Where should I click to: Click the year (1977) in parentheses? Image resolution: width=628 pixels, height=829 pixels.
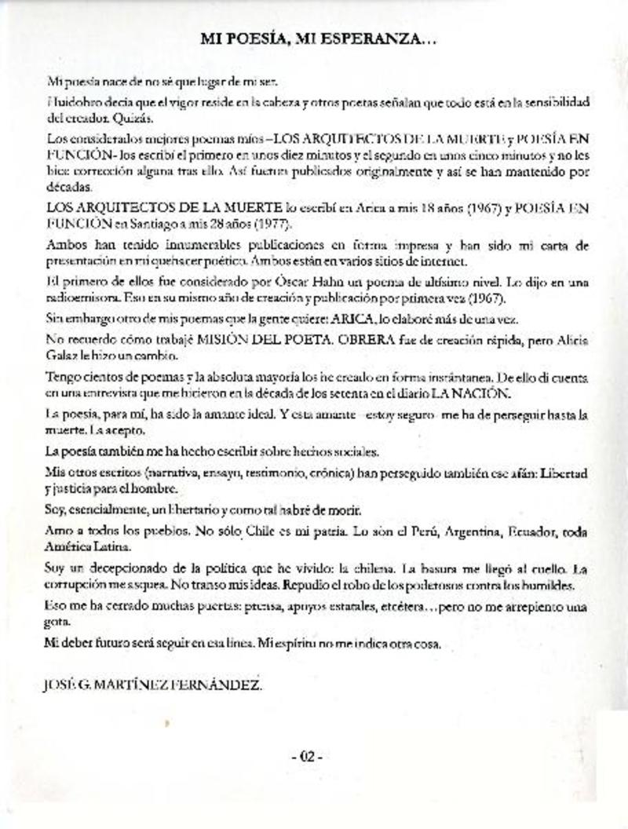(x=270, y=224)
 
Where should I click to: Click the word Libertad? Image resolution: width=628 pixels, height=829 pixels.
(x=563, y=475)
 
